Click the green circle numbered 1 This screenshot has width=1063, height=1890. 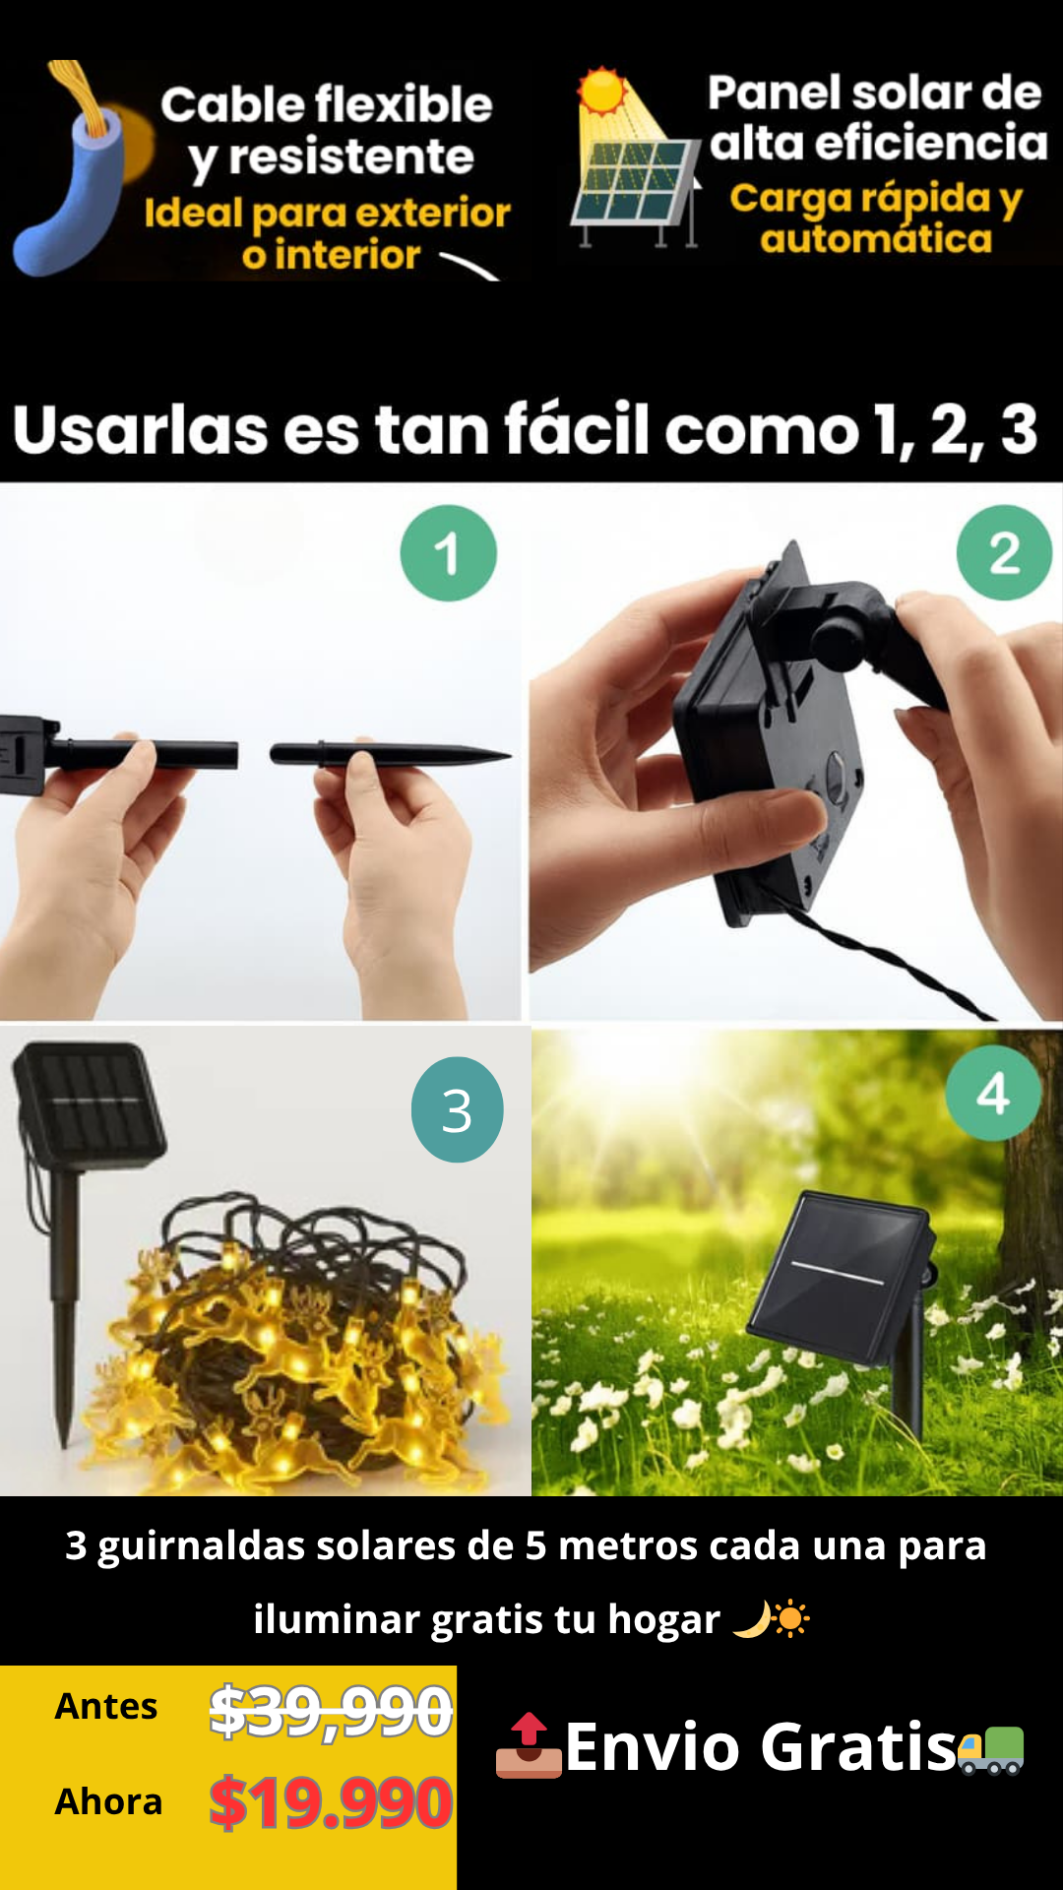[448, 552]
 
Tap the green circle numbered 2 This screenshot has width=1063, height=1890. [1004, 552]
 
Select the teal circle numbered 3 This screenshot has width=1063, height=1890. [457, 1109]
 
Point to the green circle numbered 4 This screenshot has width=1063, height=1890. [992, 1093]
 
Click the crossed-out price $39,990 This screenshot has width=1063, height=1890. [331, 1711]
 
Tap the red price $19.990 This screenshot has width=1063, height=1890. [331, 1802]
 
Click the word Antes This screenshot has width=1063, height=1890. [106, 1706]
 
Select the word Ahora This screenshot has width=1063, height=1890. [108, 1801]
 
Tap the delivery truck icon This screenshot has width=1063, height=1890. [991, 1750]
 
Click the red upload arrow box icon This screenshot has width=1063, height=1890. [529, 1746]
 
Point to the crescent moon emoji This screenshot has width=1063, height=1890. [752, 1619]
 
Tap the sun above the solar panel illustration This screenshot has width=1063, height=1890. [601, 92]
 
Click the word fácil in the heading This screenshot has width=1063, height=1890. [575, 429]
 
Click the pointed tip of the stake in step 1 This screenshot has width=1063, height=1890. [510, 755]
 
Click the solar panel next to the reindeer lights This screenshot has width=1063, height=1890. [89, 1102]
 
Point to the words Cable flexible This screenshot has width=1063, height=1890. [327, 104]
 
